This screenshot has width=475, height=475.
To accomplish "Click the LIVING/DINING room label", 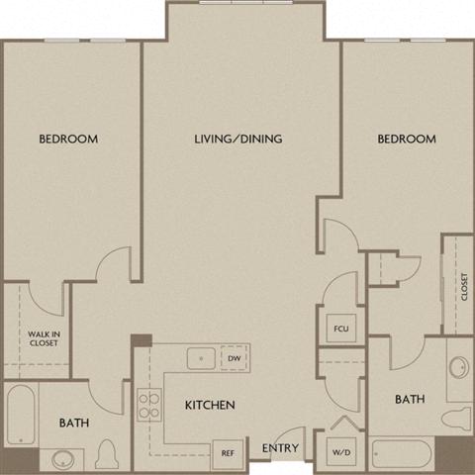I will tap(238, 140).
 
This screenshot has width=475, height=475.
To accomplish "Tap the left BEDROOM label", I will tap(68, 140).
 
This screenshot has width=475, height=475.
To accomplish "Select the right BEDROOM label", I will tap(407, 140).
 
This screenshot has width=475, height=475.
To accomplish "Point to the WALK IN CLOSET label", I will tap(43, 338).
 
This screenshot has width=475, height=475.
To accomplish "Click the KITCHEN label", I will tap(209, 405).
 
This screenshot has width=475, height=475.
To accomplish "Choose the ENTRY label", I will tap(281, 449).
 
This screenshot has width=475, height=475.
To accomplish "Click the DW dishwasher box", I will tap(234, 358).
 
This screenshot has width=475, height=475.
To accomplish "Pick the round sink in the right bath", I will tap(458, 368).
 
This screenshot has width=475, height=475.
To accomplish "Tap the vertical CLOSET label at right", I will tap(463, 286).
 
